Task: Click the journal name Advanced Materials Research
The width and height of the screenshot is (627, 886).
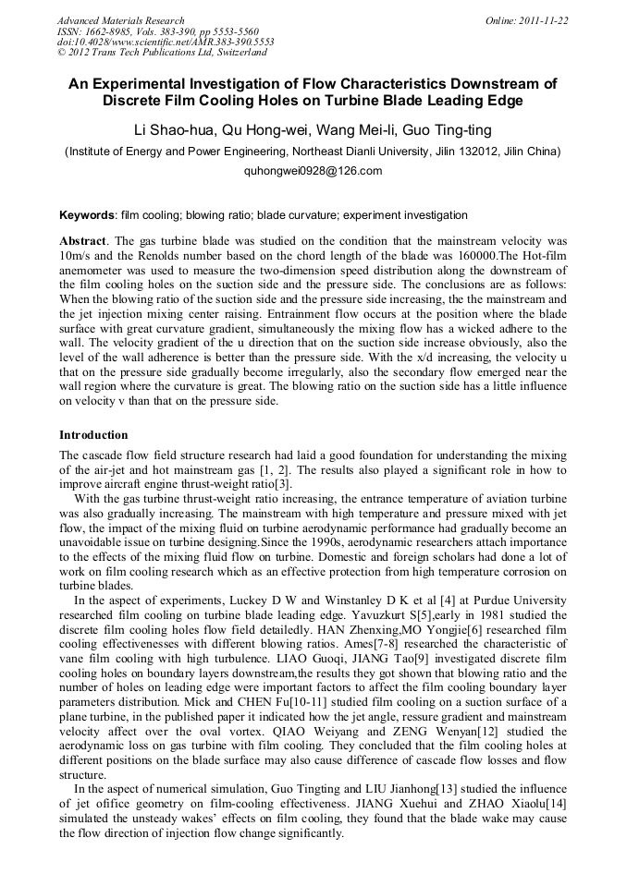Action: (x=120, y=20)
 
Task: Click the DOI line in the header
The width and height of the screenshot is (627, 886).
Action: (x=166, y=42)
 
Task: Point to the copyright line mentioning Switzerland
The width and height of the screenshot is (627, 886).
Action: (x=163, y=54)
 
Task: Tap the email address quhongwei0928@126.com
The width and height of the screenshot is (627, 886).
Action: (x=313, y=171)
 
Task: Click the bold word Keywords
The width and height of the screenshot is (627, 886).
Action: (x=87, y=215)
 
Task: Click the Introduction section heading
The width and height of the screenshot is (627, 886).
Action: (x=93, y=435)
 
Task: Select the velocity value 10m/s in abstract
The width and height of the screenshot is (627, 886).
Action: (x=76, y=252)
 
